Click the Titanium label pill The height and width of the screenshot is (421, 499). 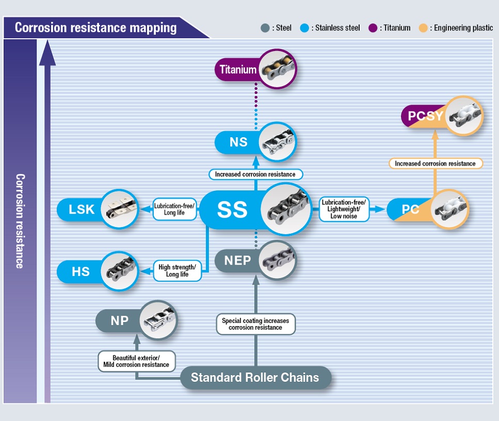[238, 70]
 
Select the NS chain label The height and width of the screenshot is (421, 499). [238, 142]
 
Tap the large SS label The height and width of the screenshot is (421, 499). [232, 209]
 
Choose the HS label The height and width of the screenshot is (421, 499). [81, 271]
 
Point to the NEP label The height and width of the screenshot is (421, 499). [237, 261]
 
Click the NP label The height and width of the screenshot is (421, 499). [119, 320]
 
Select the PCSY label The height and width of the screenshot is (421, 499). [425, 116]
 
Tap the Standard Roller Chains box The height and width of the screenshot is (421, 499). [255, 377]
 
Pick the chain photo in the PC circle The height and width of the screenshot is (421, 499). [450, 210]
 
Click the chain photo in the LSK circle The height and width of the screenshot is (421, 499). [119, 209]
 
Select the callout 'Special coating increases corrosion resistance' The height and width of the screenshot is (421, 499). [255, 324]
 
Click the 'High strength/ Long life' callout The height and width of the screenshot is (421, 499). [177, 271]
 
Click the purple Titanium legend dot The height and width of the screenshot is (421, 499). [373, 28]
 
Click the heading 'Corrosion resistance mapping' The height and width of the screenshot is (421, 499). [95, 27]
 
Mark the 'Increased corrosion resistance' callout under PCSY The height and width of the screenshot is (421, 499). [434, 164]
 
